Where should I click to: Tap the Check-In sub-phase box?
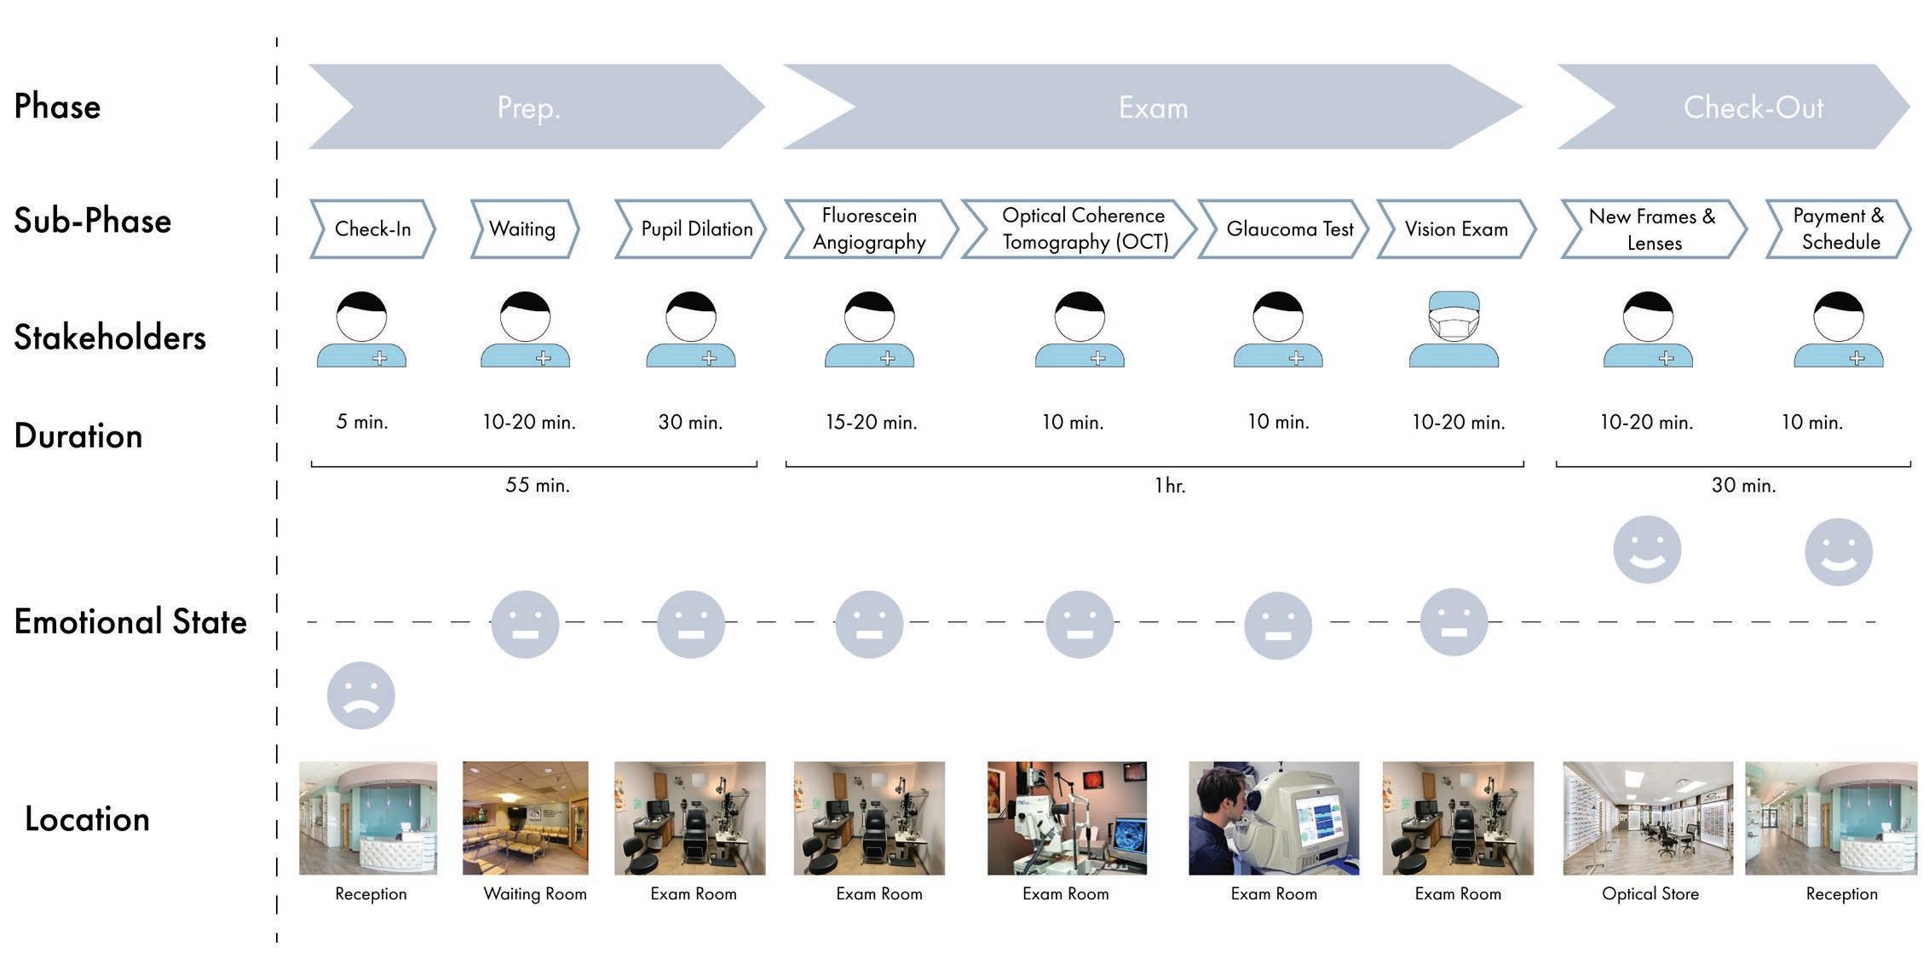coord(372,228)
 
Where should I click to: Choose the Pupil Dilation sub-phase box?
coord(691,228)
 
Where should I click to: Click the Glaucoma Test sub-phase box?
coord(1284,228)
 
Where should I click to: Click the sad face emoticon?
coord(361,695)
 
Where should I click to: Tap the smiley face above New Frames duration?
coord(1647,550)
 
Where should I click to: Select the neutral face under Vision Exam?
coord(1454,622)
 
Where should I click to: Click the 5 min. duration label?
coord(362,422)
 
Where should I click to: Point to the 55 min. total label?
coord(538,485)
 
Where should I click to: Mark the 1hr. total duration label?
coord(1170,486)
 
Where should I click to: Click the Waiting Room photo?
coord(526,818)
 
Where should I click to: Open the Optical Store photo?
coord(1648,818)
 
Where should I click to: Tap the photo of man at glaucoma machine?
coord(1274,818)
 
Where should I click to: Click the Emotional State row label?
coord(130,621)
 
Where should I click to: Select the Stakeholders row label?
coord(110,338)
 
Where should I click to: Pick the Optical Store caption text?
coord(1650,894)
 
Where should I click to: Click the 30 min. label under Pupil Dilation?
coord(690,422)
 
